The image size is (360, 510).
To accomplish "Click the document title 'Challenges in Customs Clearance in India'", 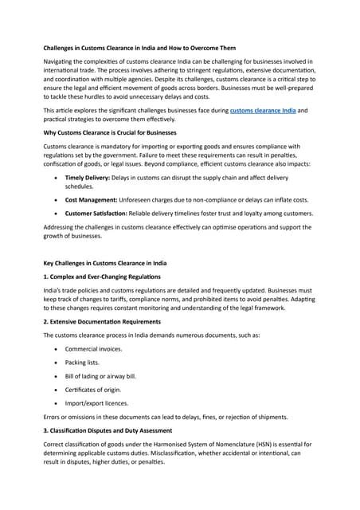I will coord(139,48).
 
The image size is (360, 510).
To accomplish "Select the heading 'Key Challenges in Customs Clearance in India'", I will coord(115,262).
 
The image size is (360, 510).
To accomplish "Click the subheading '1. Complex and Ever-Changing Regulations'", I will coord(108,276).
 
